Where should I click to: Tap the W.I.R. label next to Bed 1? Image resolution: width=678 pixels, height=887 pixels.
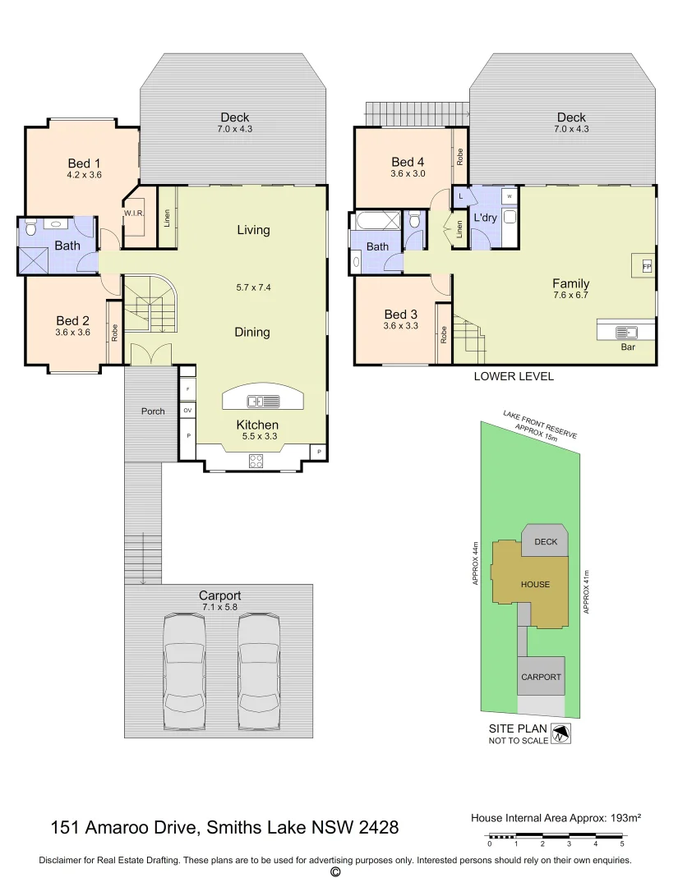pos(135,214)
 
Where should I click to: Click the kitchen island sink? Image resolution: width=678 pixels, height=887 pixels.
pos(264,402)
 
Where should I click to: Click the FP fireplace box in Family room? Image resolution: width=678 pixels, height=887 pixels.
pos(646,267)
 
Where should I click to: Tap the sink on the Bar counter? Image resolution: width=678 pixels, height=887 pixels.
pos(629,333)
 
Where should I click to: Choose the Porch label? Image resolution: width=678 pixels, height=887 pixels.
pos(153,411)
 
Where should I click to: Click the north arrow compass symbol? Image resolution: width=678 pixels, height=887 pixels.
pos(561,733)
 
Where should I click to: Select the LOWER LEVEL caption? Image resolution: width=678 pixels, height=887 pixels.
pos(514,377)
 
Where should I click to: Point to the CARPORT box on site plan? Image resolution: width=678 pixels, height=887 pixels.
pos(541,677)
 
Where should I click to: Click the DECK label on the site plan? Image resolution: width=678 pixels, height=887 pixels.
pos(546,542)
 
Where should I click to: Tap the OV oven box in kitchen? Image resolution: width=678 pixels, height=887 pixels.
pos(187,410)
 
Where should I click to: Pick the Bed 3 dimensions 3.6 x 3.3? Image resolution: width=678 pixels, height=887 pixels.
pos(401,326)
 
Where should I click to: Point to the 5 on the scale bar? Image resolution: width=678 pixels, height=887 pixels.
pos(622,843)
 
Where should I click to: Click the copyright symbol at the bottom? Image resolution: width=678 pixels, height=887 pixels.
pos(334,872)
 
